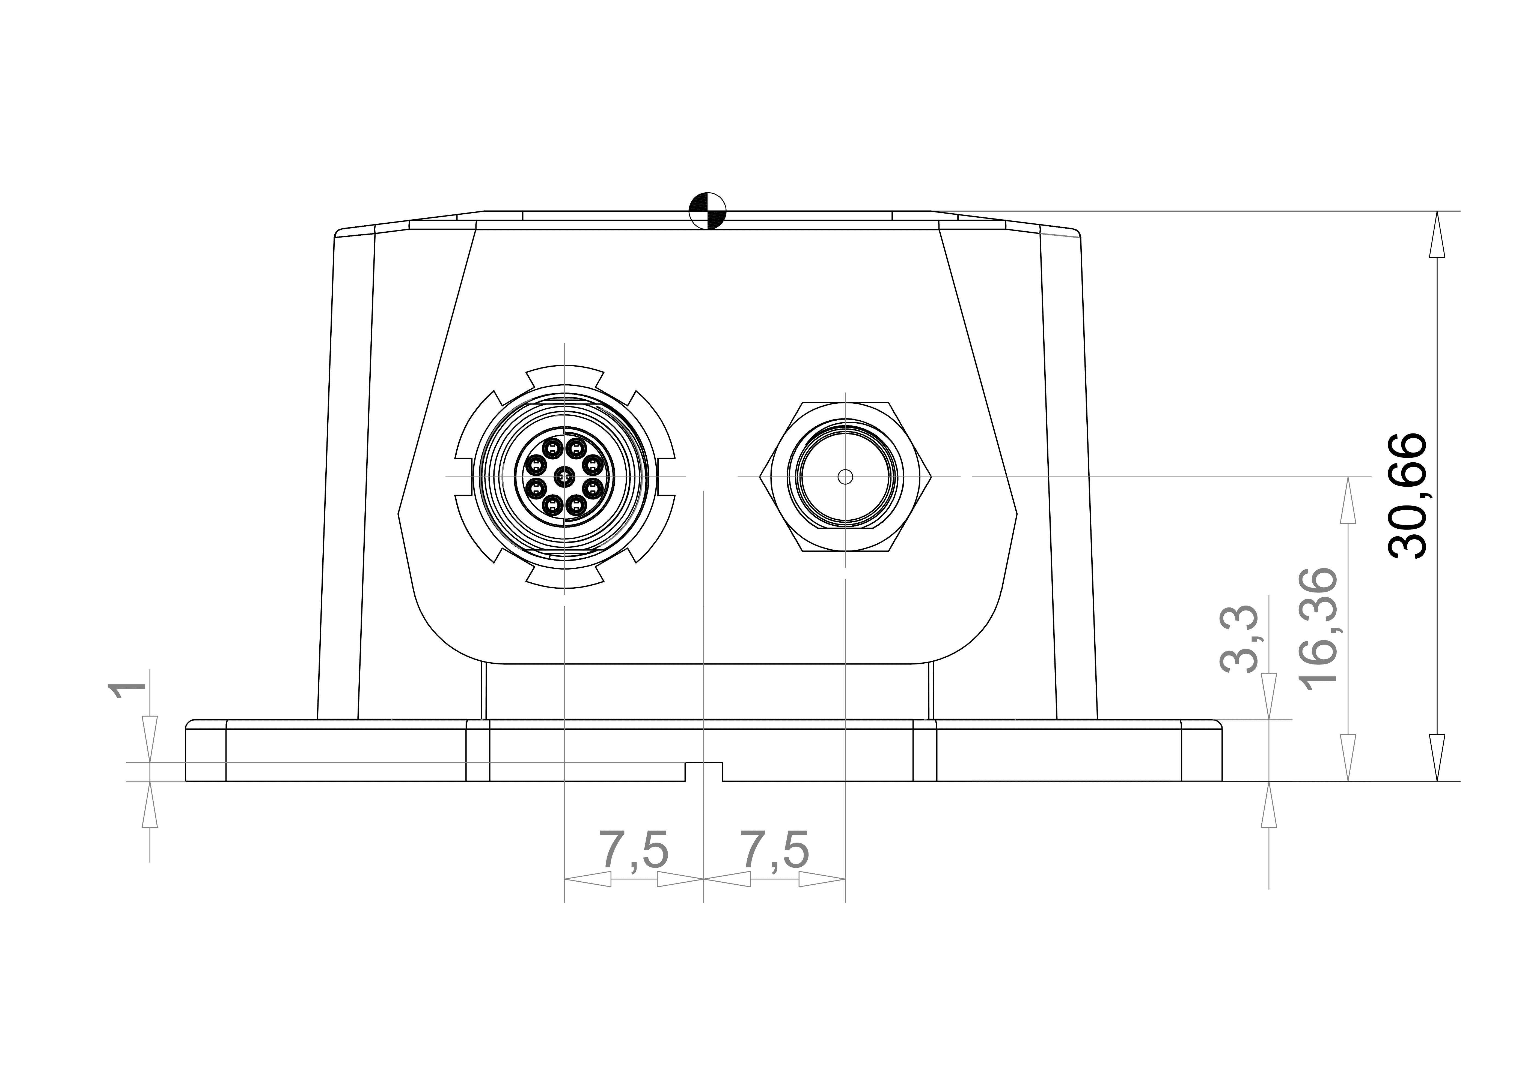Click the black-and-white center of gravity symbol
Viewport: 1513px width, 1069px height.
point(707,211)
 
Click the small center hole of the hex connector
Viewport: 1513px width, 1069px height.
point(845,476)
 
